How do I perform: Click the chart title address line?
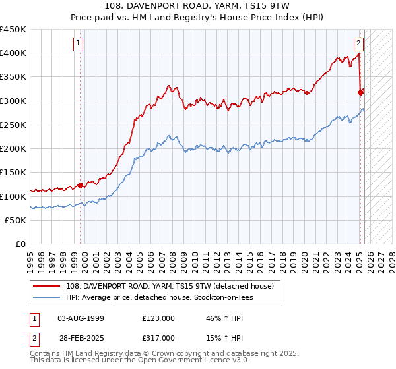[198, 6]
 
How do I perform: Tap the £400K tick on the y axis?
[13, 53]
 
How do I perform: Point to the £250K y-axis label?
[13, 125]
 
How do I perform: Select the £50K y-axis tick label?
[16, 220]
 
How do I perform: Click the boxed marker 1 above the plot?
[79, 44]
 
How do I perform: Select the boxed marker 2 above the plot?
[358, 44]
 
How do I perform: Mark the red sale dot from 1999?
[81, 185]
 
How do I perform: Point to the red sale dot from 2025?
[360, 93]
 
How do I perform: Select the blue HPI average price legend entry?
[159, 297]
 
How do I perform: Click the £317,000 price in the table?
[158, 338]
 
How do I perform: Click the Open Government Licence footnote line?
[140, 360]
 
